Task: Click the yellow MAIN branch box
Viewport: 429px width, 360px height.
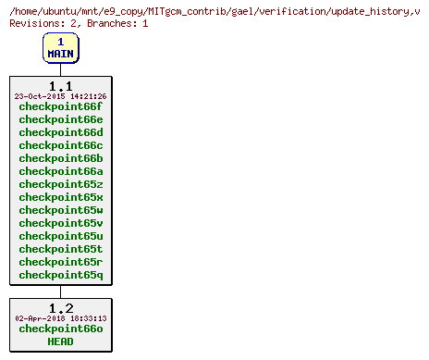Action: point(60,47)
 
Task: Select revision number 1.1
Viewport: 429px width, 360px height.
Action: point(60,86)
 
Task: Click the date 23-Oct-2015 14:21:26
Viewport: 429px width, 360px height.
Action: point(60,96)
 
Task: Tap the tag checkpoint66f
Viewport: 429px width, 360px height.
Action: point(60,106)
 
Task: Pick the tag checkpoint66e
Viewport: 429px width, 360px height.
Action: point(60,119)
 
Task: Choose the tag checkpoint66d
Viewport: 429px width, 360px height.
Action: point(60,132)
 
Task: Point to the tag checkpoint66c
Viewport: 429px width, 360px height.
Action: point(60,145)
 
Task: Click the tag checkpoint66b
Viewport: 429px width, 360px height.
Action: point(60,158)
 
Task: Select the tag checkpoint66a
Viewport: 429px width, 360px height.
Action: point(60,171)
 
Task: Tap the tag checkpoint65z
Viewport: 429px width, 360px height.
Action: point(60,184)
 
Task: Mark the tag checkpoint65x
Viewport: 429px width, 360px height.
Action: point(60,197)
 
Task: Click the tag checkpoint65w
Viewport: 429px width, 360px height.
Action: point(60,210)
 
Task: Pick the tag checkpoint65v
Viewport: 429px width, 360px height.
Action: point(60,223)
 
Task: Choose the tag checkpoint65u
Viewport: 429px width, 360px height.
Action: point(60,236)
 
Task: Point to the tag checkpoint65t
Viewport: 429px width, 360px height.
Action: point(60,249)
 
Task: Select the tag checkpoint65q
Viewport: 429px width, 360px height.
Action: point(60,275)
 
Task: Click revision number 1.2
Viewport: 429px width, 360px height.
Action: point(60,308)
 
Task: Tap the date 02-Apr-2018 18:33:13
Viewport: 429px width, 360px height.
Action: point(60,318)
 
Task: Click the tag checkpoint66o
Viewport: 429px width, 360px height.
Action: point(60,329)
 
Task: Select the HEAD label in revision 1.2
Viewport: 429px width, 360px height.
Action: point(60,341)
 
